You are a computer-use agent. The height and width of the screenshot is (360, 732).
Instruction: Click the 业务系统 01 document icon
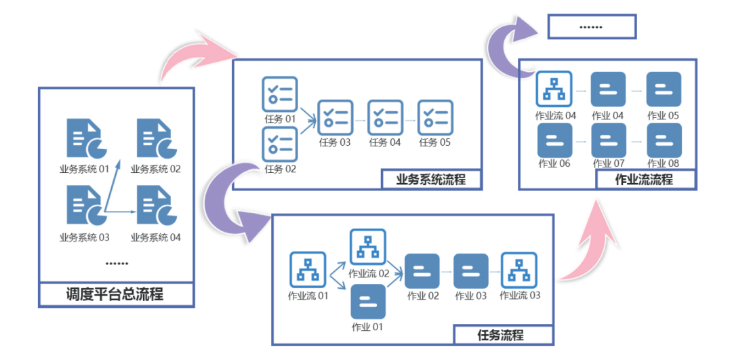click(84, 138)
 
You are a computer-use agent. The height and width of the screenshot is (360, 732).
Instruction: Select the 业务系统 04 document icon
click(155, 208)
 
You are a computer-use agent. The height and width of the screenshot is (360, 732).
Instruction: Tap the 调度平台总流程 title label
click(115, 295)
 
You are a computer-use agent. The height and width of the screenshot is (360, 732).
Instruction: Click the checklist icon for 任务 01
click(279, 94)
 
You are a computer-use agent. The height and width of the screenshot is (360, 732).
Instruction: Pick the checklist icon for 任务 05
click(435, 117)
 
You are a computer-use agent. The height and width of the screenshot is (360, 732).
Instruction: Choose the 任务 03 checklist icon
click(335, 117)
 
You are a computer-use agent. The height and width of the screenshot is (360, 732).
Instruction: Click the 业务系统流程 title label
click(431, 179)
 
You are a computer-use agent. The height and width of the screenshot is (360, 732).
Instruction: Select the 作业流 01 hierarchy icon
click(308, 270)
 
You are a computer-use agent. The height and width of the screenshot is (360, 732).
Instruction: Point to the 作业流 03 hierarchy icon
click(519, 270)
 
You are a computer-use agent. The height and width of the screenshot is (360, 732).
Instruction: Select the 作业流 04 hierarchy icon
click(555, 89)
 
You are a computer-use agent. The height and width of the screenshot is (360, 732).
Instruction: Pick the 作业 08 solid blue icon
click(664, 140)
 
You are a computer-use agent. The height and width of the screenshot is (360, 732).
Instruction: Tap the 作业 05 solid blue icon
click(664, 89)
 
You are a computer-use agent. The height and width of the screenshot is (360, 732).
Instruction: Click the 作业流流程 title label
click(644, 180)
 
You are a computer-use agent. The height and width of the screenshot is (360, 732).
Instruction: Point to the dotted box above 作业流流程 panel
click(592, 26)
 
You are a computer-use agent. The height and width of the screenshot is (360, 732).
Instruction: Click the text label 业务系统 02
click(156, 169)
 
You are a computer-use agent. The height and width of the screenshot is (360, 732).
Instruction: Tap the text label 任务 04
click(385, 142)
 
